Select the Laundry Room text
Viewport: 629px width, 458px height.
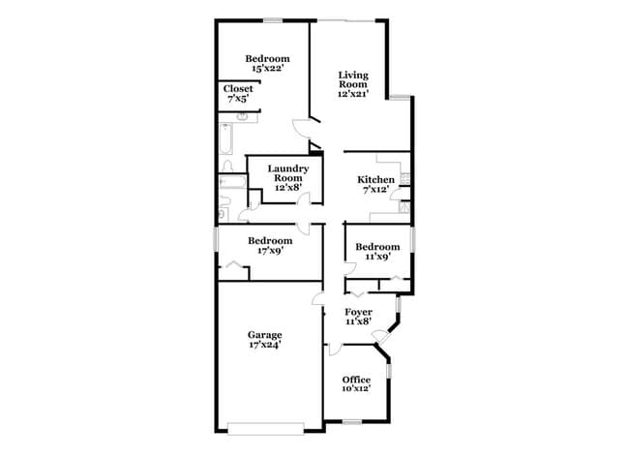coord(288,173)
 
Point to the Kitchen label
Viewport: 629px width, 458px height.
coord(375,180)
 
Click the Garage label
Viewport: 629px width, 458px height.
coord(264,335)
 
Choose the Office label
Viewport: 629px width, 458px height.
coord(356,380)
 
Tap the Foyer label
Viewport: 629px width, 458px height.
coord(359,312)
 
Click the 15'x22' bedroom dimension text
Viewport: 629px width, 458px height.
coord(268,69)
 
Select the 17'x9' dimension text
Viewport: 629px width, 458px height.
coord(269,251)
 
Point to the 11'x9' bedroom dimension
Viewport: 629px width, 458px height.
coord(376,257)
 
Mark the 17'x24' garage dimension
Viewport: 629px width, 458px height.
coord(264,345)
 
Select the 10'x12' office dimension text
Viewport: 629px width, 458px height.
coord(356,389)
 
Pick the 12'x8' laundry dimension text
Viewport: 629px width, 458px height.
coord(288,188)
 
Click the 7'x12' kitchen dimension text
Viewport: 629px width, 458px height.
coord(375,191)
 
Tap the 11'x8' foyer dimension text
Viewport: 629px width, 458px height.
coord(359,321)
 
